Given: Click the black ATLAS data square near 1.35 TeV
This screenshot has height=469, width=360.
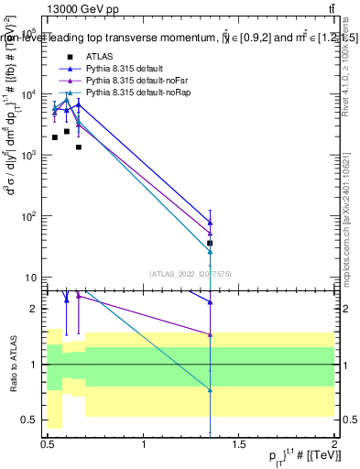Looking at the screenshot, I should tap(211, 243).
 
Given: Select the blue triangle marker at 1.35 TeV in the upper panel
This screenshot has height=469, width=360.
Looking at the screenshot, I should tap(211, 223).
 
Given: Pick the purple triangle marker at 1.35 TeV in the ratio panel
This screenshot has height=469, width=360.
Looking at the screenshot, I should tap(211, 334).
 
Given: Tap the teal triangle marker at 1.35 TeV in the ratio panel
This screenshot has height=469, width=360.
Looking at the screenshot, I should tap(211, 389).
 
